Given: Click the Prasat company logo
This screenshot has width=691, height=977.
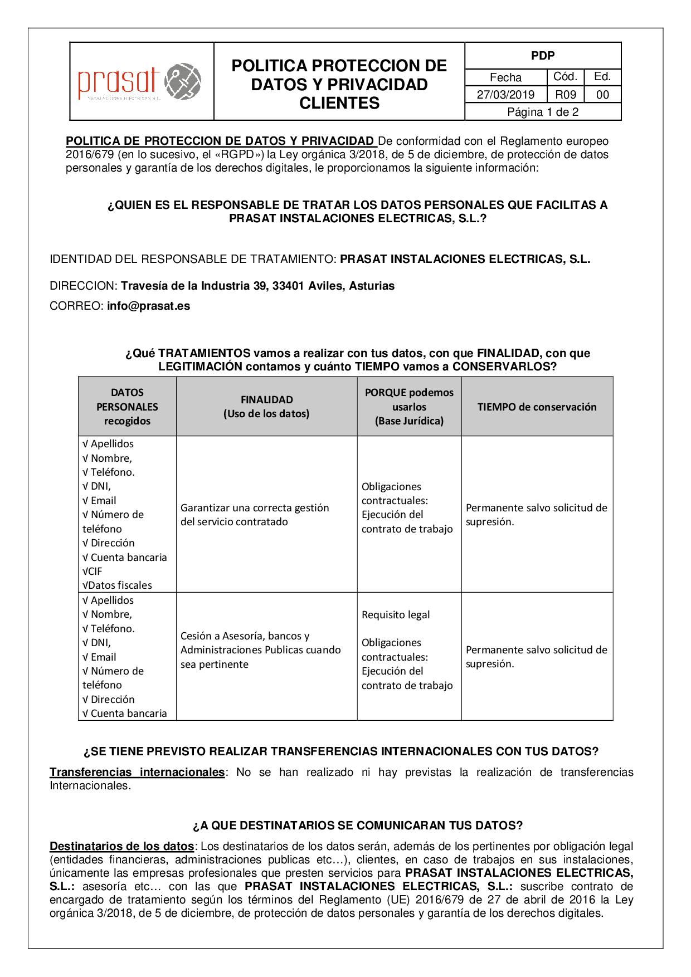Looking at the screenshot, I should [139, 82].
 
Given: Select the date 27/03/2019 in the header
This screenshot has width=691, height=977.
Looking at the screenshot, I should [505, 95].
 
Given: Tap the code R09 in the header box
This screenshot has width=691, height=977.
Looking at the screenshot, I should [566, 95].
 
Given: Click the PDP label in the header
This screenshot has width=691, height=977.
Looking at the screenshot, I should [542, 56].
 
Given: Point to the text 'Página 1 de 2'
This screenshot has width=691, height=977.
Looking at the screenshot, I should [542, 112].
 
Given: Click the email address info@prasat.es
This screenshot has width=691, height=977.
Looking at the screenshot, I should [148, 306].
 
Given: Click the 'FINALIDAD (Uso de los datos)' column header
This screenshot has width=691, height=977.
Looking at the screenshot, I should [266, 407].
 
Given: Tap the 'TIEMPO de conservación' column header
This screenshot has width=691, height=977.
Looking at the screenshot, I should [537, 407].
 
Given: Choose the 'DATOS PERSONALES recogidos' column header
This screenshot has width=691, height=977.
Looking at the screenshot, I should [127, 407].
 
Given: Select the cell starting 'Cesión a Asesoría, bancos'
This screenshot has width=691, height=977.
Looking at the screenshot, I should [260, 649].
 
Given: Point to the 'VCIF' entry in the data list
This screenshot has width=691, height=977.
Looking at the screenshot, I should [93, 571].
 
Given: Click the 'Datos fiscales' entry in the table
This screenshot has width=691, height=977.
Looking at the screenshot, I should [117, 585].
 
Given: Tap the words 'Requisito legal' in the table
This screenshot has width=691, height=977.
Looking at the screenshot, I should [396, 614].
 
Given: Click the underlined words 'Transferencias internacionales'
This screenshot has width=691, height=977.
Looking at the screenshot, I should [137, 772].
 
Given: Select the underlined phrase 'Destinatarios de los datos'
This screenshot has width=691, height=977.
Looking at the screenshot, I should [121, 846].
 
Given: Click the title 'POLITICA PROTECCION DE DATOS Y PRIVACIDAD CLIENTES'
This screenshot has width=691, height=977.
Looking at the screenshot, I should [339, 84].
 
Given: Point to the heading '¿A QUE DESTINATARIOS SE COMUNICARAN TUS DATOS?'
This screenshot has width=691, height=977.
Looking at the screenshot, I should [357, 825].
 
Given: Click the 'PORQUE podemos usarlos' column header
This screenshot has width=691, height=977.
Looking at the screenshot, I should [409, 399].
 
